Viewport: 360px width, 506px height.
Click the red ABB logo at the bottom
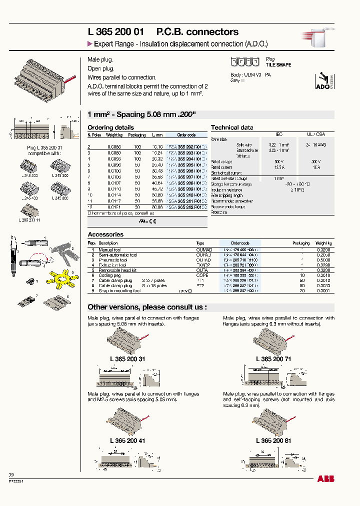click(x=325, y=478)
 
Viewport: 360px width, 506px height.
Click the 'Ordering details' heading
click(x=110, y=127)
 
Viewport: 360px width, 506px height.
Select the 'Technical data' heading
click(x=231, y=127)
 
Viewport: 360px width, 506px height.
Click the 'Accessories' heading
click(x=105, y=234)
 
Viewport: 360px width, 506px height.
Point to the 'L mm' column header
click(x=157, y=135)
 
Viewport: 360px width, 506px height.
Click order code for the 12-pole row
click(x=185, y=206)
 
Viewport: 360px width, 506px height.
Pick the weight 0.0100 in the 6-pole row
click(x=114, y=171)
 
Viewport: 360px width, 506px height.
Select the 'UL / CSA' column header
click(x=316, y=134)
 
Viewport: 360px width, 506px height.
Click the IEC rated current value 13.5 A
click(x=279, y=167)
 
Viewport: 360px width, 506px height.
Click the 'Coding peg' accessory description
click(x=110, y=275)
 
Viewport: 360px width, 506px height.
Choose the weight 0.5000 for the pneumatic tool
click(x=323, y=260)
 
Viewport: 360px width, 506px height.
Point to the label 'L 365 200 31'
click(x=127, y=358)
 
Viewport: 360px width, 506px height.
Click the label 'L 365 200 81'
click(x=273, y=440)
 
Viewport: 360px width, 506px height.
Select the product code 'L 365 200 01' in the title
click(x=116, y=32)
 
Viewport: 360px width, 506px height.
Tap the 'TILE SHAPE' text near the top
click(x=278, y=65)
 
